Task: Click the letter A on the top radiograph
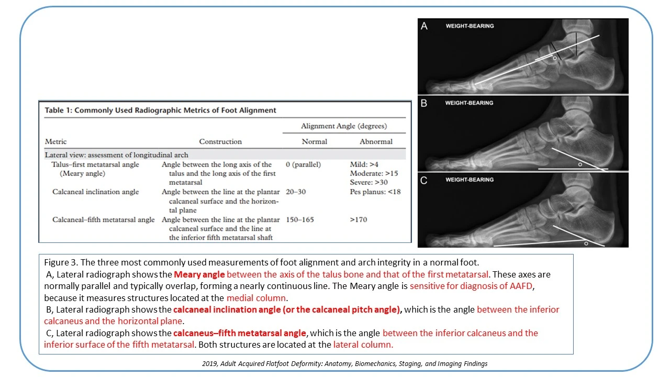[425, 26]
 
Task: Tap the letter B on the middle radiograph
[425, 103]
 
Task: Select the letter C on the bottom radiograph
[425, 180]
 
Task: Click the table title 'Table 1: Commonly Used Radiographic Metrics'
[160, 110]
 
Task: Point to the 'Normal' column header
[314, 141]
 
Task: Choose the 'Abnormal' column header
[376, 141]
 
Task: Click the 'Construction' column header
[220, 141]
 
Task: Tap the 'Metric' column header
[56, 141]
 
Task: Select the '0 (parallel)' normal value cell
[304, 164]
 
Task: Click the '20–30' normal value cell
[296, 192]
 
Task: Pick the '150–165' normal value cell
[300, 219]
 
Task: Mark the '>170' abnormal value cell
[359, 219]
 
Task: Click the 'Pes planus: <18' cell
[375, 192]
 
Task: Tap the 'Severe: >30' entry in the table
[368, 182]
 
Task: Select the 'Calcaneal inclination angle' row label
[96, 192]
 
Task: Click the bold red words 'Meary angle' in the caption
[199, 274]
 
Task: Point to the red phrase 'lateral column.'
[363, 345]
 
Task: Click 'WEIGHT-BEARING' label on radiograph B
[469, 103]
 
